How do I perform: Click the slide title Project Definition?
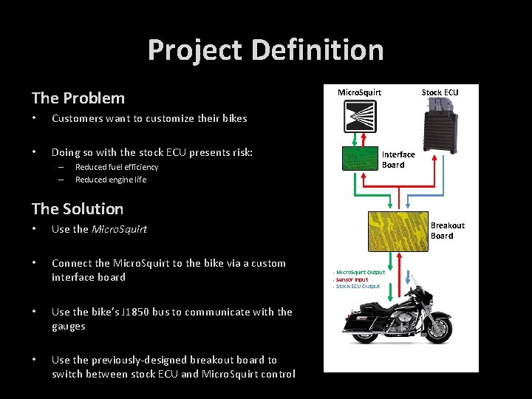[265, 50]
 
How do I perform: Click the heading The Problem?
[78, 98]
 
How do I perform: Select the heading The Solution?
[78, 209]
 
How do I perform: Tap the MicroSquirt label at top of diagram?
[359, 92]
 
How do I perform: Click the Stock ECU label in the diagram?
[440, 92]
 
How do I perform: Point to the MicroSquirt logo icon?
[359, 115]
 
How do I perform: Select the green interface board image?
[359, 159]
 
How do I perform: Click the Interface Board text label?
[398, 160]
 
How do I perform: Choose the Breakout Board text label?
[447, 231]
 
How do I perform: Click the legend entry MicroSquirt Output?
[360, 273]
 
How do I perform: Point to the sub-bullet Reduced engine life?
[111, 180]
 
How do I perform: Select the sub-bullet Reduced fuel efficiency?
[117, 167]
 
